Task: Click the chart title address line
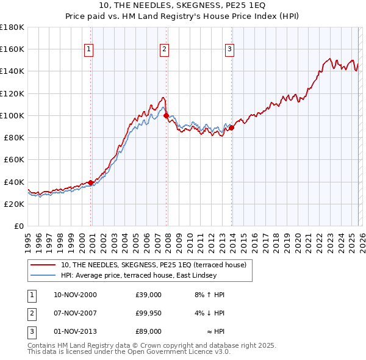[182, 5]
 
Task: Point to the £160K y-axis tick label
[12, 49]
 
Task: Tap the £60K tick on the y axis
[13, 159]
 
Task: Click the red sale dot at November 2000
[91, 182]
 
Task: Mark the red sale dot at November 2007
[166, 115]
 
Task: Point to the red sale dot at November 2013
[231, 128]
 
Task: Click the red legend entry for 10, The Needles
[153, 265]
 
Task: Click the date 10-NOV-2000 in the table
[75, 295]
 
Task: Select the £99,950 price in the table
[149, 313]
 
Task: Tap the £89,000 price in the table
[149, 331]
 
